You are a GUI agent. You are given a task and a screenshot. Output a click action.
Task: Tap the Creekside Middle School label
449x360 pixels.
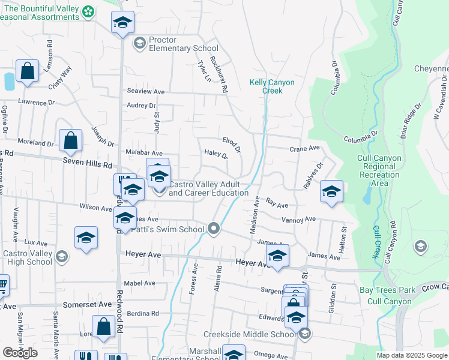pos(258,334)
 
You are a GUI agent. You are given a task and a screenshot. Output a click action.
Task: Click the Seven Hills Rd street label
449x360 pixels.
pos(87,164)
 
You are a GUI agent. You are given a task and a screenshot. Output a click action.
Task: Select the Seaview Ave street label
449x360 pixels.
pos(145,91)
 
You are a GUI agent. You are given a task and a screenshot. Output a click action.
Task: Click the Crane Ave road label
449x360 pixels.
pos(305,148)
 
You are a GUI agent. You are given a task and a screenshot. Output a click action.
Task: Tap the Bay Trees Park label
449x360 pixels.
pos(387,290)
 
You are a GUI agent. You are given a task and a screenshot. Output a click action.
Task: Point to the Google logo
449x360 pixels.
pos(20,353)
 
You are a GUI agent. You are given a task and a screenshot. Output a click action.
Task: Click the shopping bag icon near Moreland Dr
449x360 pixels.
pos(70,141)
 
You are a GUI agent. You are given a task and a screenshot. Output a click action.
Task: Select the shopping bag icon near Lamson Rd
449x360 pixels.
pos(27,71)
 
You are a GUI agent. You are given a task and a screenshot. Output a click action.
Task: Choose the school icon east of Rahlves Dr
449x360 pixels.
pos(331,191)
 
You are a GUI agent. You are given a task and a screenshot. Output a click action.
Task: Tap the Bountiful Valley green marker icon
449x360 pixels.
pos(88,11)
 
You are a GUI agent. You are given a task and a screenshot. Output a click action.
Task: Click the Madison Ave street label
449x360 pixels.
pos(254,218)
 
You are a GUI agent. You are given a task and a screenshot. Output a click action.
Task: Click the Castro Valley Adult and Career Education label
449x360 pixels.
pos(208,188)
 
